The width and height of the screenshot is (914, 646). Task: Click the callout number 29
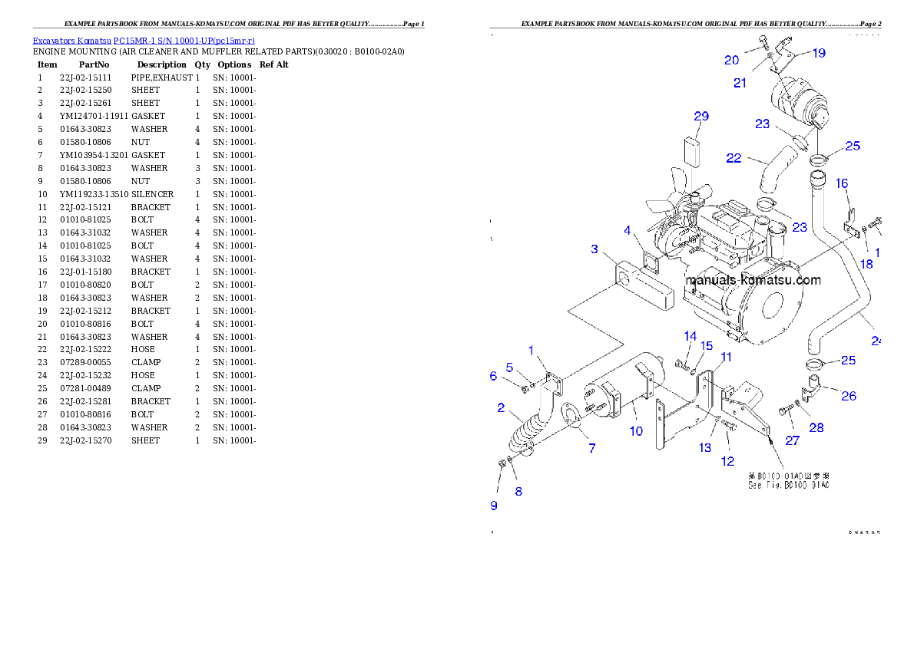point(700,117)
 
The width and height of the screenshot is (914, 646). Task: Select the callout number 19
point(819,53)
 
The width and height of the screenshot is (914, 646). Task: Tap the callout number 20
point(731,60)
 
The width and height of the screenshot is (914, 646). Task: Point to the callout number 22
point(734,158)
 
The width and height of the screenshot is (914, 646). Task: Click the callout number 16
point(842,183)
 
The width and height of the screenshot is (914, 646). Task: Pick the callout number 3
point(594,249)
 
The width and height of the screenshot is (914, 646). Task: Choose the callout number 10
point(636,431)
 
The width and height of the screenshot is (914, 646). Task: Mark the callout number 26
point(848,396)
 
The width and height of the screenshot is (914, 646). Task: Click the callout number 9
point(494,505)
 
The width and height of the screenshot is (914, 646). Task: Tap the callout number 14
point(690,336)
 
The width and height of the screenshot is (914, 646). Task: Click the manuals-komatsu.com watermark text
point(753,281)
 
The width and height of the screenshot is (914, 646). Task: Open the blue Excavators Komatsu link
point(144,40)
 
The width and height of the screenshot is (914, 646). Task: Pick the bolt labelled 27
point(785,412)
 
